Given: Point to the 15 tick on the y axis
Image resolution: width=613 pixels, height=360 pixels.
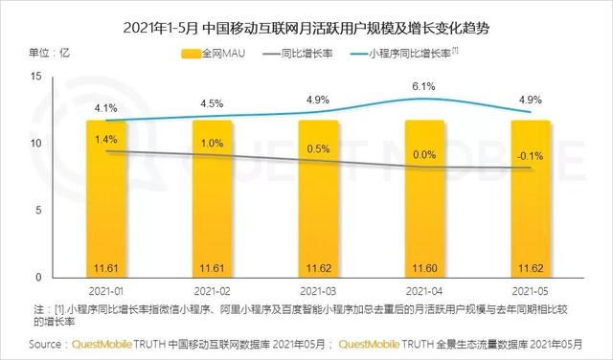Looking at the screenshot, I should tap(35, 76).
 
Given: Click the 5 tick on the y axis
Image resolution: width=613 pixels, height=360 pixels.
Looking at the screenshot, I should tap(38, 210).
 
